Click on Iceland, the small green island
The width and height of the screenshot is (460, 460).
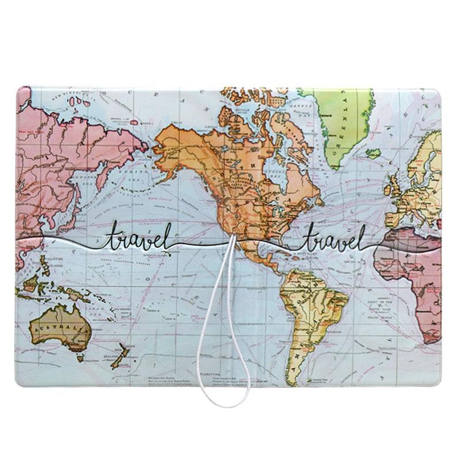click(x=373, y=154)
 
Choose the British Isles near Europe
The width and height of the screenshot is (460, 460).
click(x=397, y=184)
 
